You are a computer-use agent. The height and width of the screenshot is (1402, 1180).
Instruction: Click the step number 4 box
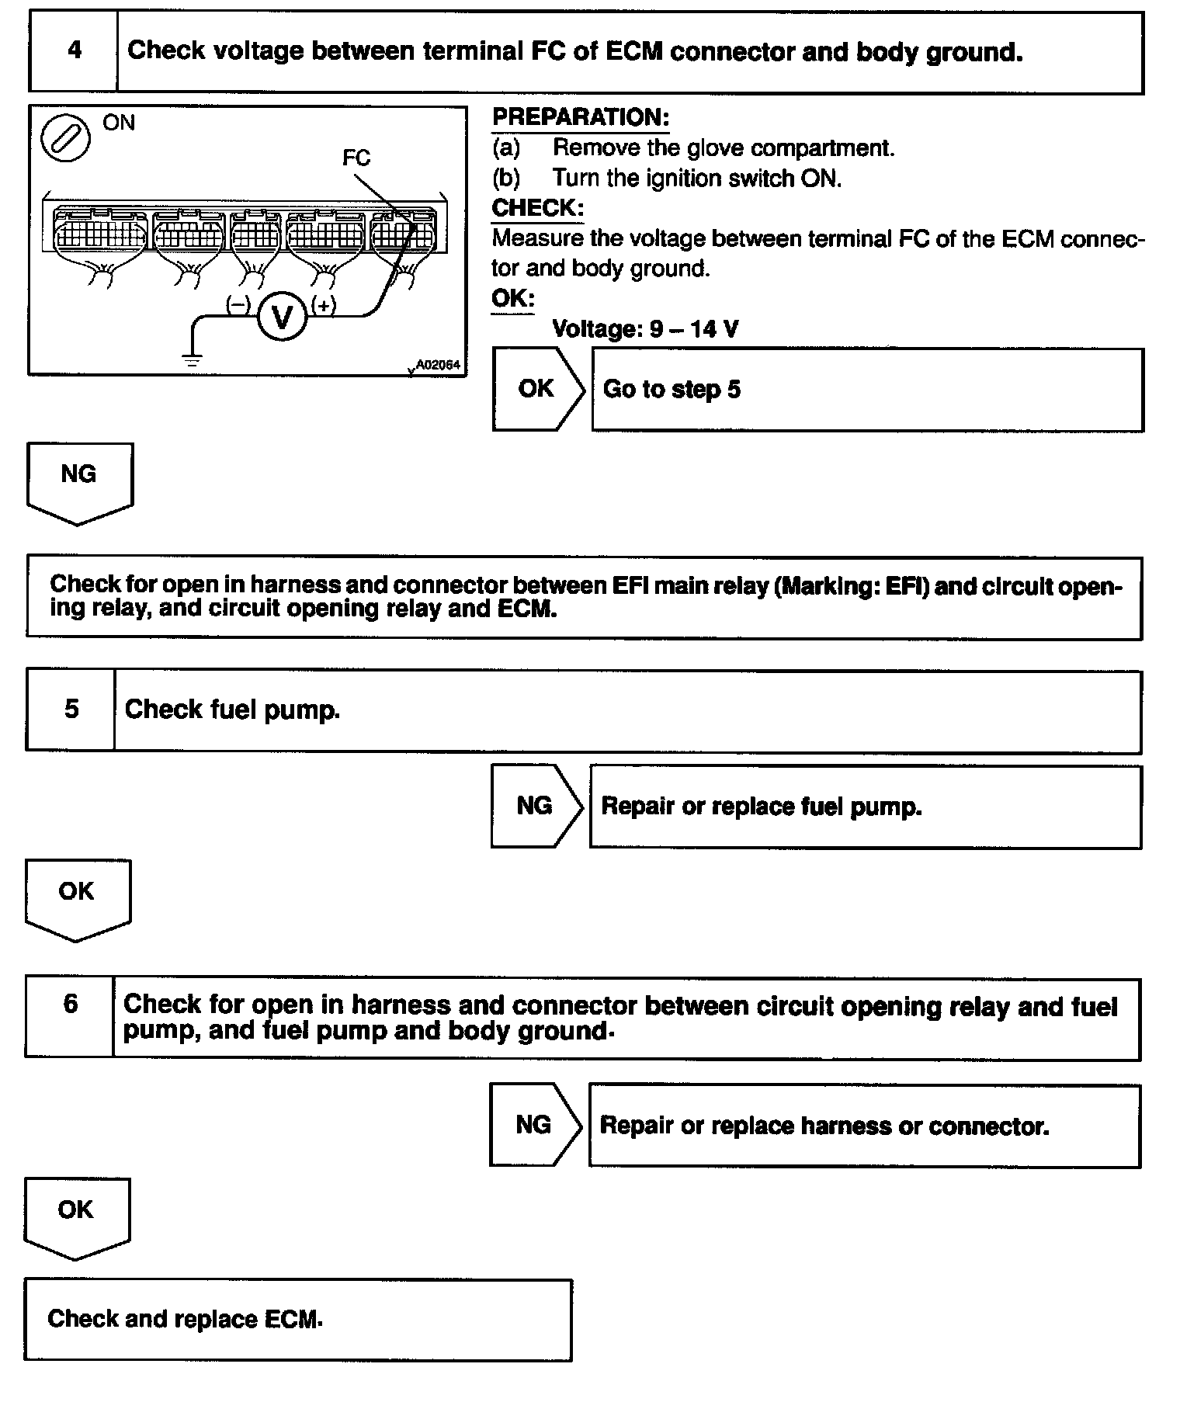(74, 51)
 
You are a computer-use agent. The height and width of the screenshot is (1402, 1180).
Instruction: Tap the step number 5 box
(71, 710)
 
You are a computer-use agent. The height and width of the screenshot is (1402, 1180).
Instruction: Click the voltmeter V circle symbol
(282, 317)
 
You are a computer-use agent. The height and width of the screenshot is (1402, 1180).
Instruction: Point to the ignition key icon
(65, 141)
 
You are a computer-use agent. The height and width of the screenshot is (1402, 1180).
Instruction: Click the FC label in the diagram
(356, 158)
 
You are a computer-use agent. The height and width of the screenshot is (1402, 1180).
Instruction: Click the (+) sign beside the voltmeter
(324, 305)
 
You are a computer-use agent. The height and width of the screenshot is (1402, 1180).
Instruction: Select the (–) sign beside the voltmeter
(238, 305)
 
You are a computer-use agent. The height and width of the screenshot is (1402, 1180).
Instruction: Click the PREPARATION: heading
(581, 118)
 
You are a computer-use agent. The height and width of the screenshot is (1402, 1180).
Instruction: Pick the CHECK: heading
(537, 209)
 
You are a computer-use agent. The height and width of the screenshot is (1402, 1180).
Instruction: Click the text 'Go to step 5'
(672, 389)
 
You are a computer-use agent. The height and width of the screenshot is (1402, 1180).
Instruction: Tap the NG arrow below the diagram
(79, 481)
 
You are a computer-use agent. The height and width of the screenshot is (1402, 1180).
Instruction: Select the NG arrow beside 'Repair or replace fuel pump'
(536, 806)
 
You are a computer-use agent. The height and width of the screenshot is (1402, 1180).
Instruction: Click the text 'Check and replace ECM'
(185, 1319)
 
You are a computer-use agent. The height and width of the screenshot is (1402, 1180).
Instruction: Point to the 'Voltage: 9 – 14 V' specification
(645, 329)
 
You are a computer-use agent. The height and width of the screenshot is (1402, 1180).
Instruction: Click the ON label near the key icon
(119, 123)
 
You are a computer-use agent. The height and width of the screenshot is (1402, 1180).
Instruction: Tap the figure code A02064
(438, 364)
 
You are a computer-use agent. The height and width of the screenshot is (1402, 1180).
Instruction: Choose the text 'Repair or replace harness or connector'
(824, 1126)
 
